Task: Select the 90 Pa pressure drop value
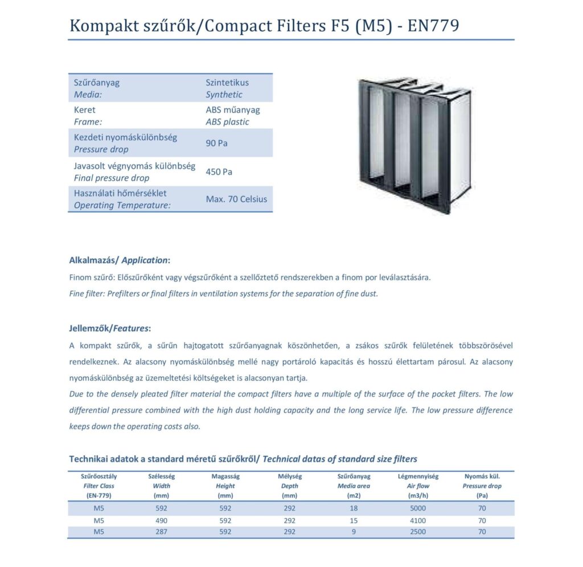pos(216,143)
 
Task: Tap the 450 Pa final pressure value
pos(219,172)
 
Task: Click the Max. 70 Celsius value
pos(236,199)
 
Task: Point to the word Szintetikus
pos(227,82)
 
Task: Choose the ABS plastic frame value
pos(227,122)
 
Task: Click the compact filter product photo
pos(413,145)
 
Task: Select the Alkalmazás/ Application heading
pos(119,260)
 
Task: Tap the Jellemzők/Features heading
pos(110,328)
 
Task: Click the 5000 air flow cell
pos(417,508)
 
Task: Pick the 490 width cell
pos(162,520)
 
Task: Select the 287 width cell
pos(162,532)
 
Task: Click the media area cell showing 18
pos(354,508)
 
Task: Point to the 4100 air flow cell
pos(417,520)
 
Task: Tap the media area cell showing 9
pos(354,532)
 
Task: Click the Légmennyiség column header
pos(418,476)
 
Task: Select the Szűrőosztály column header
pos(98,476)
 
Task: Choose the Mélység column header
pos(289,476)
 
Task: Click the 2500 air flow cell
pos(417,532)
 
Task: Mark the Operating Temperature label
pos(122,205)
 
